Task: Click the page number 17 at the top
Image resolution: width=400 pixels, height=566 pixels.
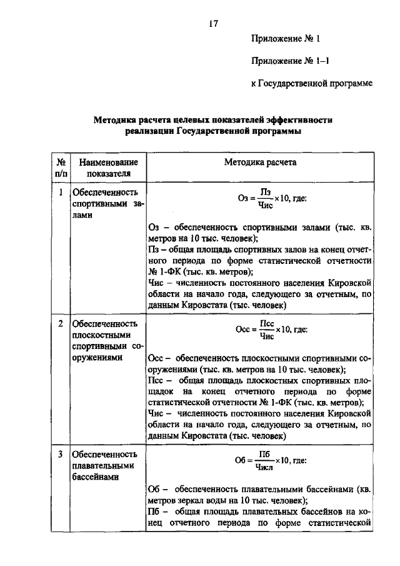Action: click(x=212, y=23)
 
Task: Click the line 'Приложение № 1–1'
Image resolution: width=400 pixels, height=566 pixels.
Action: click(x=286, y=61)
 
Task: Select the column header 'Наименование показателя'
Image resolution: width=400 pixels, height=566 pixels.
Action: click(x=104, y=167)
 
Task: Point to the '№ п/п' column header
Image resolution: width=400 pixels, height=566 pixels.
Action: click(x=61, y=167)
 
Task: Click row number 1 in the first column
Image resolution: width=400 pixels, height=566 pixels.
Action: click(x=61, y=193)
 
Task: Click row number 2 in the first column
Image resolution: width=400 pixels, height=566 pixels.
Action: click(x=61, y=323)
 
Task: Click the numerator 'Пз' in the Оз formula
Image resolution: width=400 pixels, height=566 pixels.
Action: click(x=265, y=193)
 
